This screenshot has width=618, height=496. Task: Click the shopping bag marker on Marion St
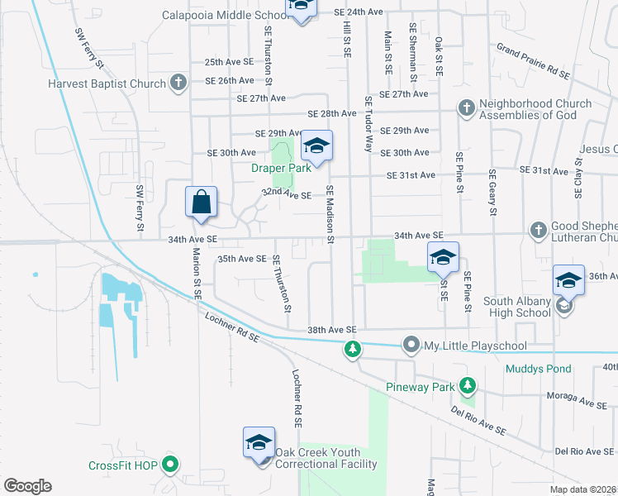tap(202, 201)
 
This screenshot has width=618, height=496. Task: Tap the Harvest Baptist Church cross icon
tap(178, 82)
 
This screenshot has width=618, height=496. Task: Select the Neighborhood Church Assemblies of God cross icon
tap(466, 108)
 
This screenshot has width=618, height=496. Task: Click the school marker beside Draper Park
tap(316, 147)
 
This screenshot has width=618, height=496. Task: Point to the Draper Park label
tap(281, 168)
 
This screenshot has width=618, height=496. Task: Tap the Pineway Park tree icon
tap(468, 385)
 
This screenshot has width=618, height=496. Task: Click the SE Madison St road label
tap(330, 213)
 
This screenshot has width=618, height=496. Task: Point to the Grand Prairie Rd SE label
tap(533, 61)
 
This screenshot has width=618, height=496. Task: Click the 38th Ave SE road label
tap(330, 329)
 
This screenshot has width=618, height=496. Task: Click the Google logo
tap(27, 486)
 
